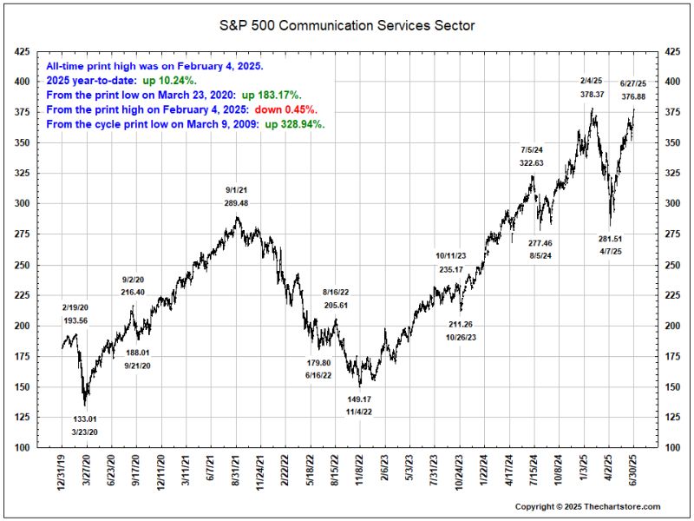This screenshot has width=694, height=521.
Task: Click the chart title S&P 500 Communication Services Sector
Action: click(346, 25)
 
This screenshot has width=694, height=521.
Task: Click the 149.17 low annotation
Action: click(359, 399)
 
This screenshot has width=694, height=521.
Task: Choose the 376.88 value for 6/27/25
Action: click(633, 96)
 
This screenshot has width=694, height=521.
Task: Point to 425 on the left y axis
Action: click(22, 52)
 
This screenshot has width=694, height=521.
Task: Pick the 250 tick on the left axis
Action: click(22, 265)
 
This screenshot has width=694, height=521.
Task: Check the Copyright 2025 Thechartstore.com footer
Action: click(587, 506)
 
